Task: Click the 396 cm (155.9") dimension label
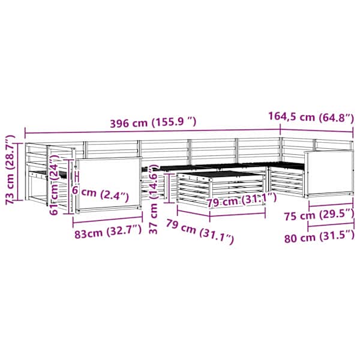[153, 122]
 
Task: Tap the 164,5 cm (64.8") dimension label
[311, 117]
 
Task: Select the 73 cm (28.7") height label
[10, 170]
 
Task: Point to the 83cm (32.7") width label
[107, 232]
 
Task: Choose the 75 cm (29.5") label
[319, 215]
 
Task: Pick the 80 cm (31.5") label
[319, 237]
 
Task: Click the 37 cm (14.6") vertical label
[154, 199]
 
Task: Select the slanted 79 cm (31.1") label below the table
[200, 231]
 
